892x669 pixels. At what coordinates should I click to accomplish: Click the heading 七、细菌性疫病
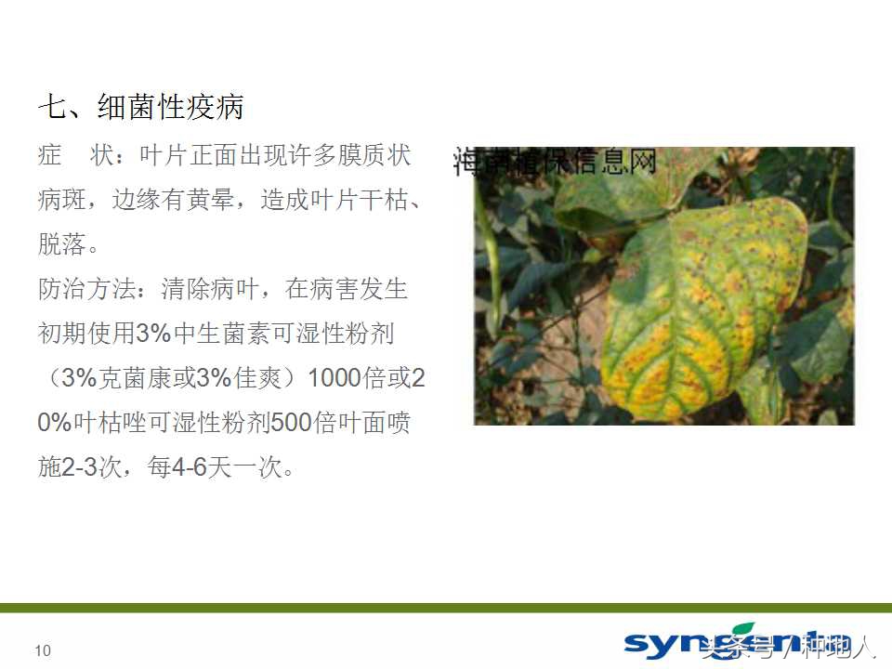tap(140, 107)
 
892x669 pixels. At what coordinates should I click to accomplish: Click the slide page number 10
tap(43, 651)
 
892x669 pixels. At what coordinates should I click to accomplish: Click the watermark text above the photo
tap(555, 162)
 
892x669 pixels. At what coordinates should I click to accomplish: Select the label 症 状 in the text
tap(75, 155)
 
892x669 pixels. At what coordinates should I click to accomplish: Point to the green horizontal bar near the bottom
tap(446, 607)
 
